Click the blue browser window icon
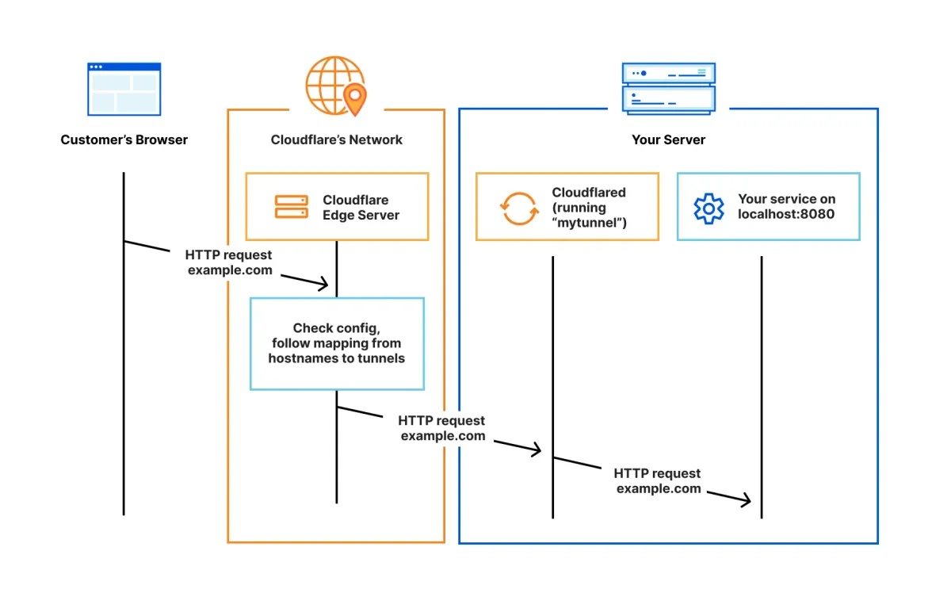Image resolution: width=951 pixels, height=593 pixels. pyautogui.click(x=124, y=89)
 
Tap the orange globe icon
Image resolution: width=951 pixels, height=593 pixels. pyautogui.click(x=332, y=84)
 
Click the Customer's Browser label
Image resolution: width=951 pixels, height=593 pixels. pyautogui.click(x=124, y=140)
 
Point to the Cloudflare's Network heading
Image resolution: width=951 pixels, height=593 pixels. pyautogui.click(x=336, y=140)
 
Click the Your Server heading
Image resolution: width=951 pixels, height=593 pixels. pyautogui.click(x=668, y=140)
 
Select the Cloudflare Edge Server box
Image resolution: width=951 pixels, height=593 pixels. pyautogui.click(x=337, y=207)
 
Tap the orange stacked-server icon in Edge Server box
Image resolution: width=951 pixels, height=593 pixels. pyautogui.click(x=291, y=207)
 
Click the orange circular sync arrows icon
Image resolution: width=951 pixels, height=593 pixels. pyautogui.click(x=518, y=208)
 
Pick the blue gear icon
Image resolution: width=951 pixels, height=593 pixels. pyautogui.click(x=708, y=208)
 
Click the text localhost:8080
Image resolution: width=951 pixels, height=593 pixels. pyautogui.click(x=786, y=214)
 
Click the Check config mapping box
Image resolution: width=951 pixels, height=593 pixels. pyautogui.click(x=337, y=343)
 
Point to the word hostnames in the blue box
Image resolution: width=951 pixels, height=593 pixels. pyautogui.click(x=297, y=358)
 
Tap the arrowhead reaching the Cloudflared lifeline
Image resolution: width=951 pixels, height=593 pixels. pyautogui.click(x=536, y=450)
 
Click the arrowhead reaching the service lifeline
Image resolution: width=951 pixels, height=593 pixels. pyautogui.click(x=744, y=500)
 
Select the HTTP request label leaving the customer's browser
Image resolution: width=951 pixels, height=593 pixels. pyautogui.click(x=229, y=262)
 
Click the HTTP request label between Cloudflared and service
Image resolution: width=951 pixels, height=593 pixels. pyautogui.click(x=658, y=481)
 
